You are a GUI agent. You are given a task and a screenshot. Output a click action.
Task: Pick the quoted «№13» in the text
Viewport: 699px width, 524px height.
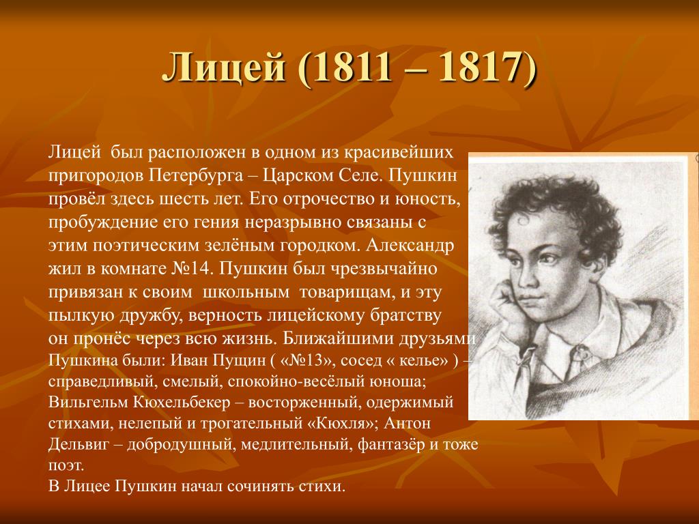[307, 360]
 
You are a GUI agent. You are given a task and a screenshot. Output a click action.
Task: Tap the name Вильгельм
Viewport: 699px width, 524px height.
[88, 402]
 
